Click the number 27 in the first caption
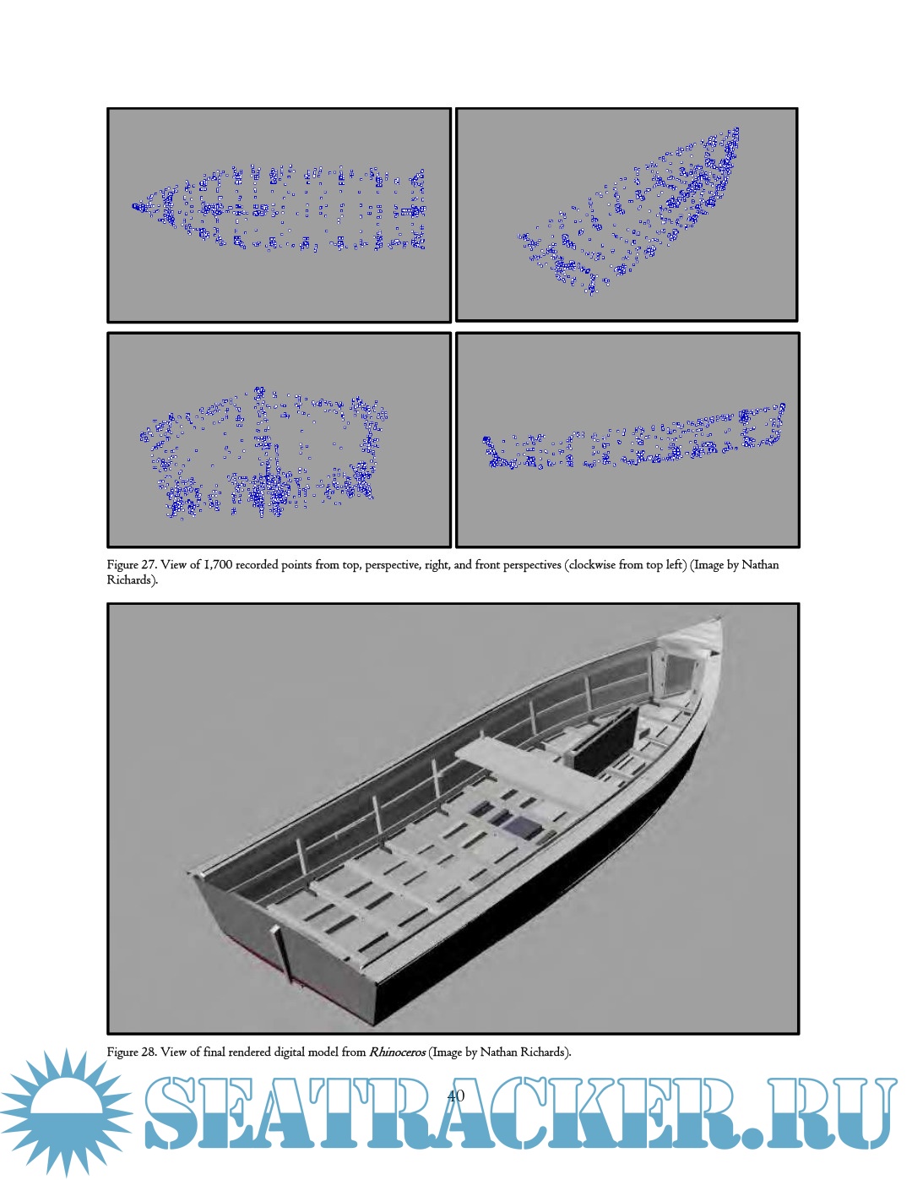[x=149, y=565]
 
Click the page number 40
[x=455, y=1096]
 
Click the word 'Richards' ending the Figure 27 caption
[x=130, y=580]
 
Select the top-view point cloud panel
[x=279, y=215]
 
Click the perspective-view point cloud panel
[x=627, y=215]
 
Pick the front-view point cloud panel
[x=279, y=440]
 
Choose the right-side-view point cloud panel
[x=627, y=440]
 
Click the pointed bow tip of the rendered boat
[x=721, y=618]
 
